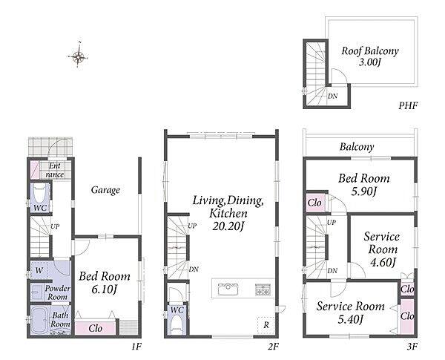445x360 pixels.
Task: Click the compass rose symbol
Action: pos(78,56)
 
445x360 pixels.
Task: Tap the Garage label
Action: pos(105,190)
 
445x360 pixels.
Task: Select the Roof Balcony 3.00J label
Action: pos(370,56)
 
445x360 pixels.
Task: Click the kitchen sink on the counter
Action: pos(228,289)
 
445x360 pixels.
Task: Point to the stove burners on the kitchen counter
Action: pos(263,289)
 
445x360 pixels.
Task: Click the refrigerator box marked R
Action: pos(266,325)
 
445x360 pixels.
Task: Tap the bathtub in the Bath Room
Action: pos(39,321)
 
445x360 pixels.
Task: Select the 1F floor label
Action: pos(136,347)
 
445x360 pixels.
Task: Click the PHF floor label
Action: pos(408,106)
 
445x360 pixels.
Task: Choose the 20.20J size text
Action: pos(228,226)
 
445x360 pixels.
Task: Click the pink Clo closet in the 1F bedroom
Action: pos(96,328)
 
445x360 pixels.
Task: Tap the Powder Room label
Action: pos(58,292)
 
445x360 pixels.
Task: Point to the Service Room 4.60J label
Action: pos(382,249)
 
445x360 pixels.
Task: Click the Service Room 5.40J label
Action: pos(351,312)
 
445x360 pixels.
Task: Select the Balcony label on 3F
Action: pos(357,147)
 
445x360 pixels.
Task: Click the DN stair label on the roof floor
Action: pos(332,96)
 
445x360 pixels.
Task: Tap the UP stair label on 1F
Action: pos(55,226)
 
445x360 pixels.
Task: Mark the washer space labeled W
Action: pos(39,270)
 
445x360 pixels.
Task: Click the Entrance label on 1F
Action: pos(54,170)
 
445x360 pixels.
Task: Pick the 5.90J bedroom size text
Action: pos(364,192)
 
